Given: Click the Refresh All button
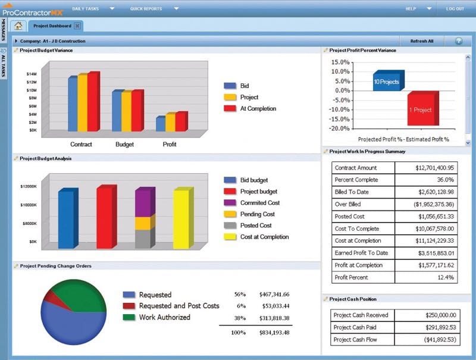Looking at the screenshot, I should pos(422,41).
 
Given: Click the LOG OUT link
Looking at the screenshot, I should pos(455,9).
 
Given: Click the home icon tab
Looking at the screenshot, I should pos(18,26).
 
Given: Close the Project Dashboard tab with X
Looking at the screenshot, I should pos(77,26).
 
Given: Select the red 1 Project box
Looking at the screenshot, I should pos(421,109).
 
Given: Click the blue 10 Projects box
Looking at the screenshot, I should pos(387,81).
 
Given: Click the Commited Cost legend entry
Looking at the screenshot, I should pos(260,203).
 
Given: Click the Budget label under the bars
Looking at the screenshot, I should pos(124,144).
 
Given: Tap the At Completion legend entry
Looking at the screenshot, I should pos(258,108).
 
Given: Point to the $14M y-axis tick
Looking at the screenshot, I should pos(32,74).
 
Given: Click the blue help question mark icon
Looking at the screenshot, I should pos(459,41).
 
